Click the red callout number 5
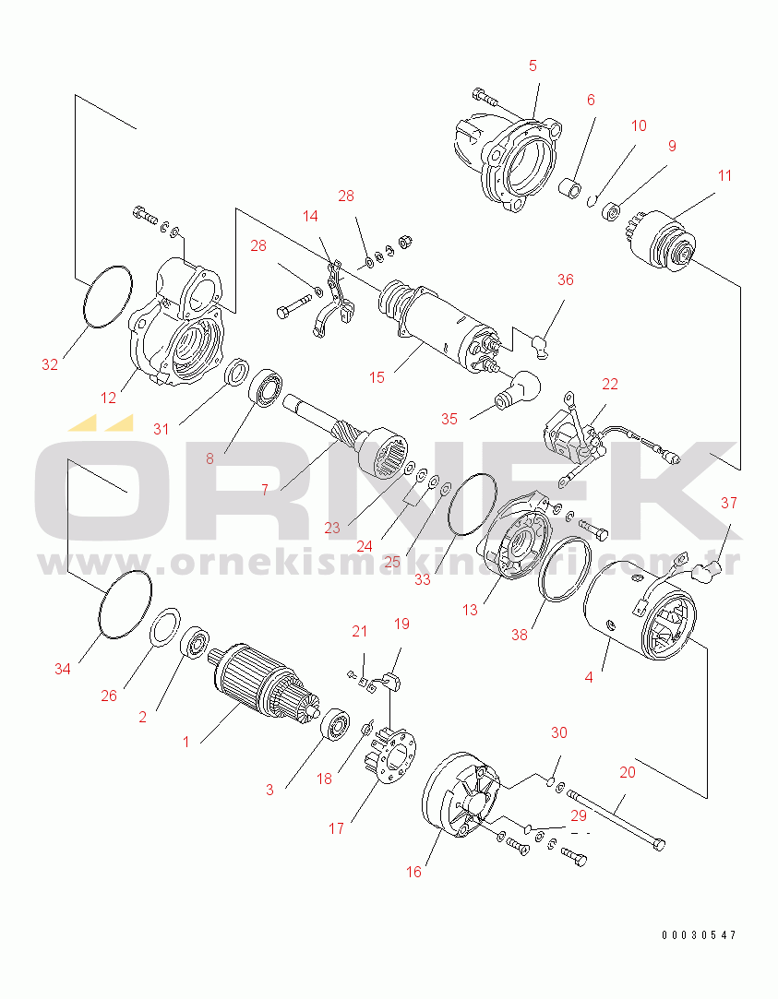tap(533, 65)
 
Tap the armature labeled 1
tap(263, 683)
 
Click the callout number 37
tap(729, 503)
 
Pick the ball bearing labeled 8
tap(266, 388)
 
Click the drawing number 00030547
tap(699, 935)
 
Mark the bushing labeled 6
tap(570, 191)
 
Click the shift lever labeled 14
tap(335, 298)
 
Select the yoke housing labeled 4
tap(640, 609)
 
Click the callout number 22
tap(610, 384)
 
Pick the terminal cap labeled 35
tap(518, 388)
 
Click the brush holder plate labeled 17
tap(389, 755)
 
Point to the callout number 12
tap(108, 398)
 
